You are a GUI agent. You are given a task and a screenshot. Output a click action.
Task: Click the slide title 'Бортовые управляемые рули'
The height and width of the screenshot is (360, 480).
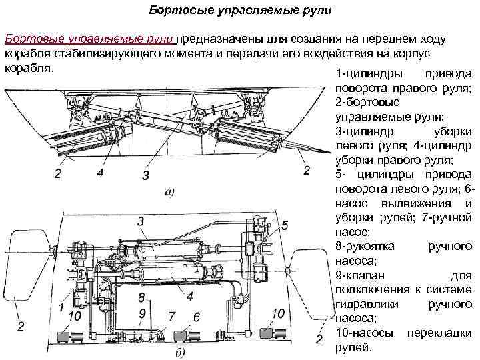point(239,12)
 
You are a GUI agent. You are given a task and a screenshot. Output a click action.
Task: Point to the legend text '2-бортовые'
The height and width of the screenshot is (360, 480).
point(369,103)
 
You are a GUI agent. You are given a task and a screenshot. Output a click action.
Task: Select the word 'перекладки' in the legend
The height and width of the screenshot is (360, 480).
point(440,333)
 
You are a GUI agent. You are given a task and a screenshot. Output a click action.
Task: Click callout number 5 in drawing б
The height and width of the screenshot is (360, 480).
point(285,226)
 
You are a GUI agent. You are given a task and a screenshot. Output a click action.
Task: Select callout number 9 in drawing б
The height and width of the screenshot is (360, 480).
point(142,313)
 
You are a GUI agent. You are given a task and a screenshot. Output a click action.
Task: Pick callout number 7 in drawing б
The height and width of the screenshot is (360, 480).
point(171,315)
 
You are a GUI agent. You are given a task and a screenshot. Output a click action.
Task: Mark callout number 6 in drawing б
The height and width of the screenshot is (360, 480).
point(196,315)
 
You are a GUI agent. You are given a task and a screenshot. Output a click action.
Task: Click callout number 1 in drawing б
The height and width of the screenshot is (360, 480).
point(61,307)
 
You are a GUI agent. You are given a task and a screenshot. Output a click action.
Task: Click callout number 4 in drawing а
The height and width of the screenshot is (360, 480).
point(100,173)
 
